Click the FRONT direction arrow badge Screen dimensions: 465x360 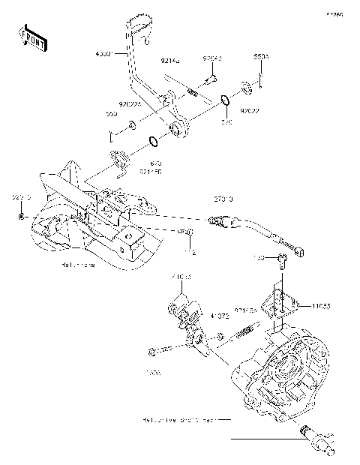pyautogui.click(x=31, y=38)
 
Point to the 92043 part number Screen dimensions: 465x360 pyautogui.click(x=212, y=57)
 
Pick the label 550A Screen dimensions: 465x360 pyautogui.click(x=261, y=57)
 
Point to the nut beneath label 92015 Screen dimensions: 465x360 pyautogui.click(x=22, y=217)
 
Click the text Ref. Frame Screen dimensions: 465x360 pyautogui.click(x=79, y=265)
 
